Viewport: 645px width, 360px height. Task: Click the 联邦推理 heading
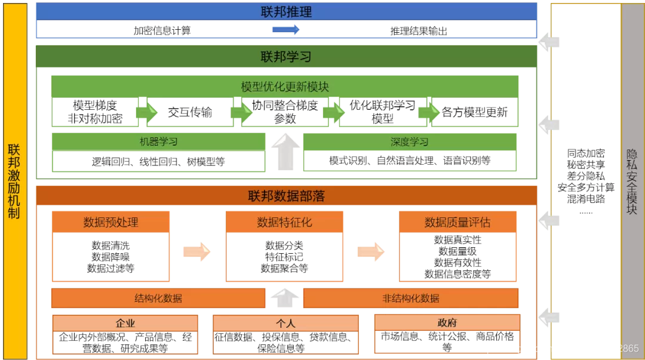(286, 12)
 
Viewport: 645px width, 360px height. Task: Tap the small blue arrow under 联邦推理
(285, 30)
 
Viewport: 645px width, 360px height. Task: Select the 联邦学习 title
(286, 57)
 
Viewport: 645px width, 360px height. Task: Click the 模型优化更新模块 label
(285, 87)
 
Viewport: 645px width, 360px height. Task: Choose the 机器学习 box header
(158, 142)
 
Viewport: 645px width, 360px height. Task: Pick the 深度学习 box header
(410, 142)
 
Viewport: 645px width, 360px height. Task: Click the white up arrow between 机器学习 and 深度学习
(285, 152)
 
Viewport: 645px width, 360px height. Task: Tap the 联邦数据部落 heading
(286, 196)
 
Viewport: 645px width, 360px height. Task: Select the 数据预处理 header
(111, 222)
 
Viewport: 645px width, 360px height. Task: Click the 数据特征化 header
(284, 222)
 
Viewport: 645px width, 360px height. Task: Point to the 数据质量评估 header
(457, 222)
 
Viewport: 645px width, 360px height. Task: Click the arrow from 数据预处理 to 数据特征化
(197, 251)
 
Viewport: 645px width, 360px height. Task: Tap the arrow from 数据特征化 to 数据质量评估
(371, 251)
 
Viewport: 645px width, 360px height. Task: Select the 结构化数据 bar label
(158, 298)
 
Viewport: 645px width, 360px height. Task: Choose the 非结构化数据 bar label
(411, 298)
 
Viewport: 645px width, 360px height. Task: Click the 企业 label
(125, 324)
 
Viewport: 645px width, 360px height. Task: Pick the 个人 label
(285, 324)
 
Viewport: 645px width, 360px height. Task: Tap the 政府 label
(447, 323)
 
